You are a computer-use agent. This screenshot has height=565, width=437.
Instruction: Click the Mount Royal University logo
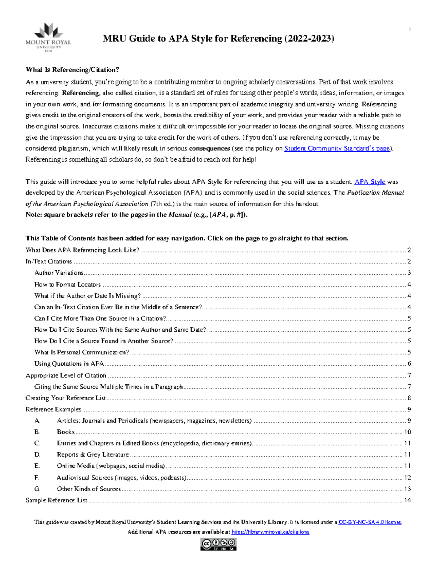48,37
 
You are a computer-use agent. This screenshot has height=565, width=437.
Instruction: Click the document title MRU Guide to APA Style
218,39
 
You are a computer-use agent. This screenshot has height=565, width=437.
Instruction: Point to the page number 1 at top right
410,30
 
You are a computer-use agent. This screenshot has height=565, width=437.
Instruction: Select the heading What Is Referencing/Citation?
72,70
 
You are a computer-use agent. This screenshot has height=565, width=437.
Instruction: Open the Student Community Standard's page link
337,148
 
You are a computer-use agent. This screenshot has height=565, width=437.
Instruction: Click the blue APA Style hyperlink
370,182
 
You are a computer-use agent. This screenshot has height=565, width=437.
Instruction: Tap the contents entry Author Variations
59,273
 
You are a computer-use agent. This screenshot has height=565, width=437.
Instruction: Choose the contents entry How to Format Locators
67,285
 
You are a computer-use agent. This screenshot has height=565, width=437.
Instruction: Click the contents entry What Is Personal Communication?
82,352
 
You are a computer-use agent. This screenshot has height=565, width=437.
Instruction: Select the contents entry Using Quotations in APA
69,363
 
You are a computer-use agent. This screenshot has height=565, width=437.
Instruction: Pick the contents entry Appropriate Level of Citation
66,375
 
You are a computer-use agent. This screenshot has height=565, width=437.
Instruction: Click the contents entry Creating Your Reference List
66,398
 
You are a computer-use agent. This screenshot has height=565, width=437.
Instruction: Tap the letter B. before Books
37,432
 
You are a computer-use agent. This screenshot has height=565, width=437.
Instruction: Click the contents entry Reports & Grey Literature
93,454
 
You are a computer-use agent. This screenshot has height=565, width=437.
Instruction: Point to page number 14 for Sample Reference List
407,500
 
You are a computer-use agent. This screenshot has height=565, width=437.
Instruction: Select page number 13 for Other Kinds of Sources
407,489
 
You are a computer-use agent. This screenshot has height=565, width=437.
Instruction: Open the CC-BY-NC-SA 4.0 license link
370,522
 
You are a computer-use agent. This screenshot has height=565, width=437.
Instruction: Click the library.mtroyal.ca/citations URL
270,532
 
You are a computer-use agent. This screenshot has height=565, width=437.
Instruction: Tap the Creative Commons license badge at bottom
218,544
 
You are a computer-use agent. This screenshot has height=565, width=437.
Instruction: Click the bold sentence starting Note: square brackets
137,215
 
